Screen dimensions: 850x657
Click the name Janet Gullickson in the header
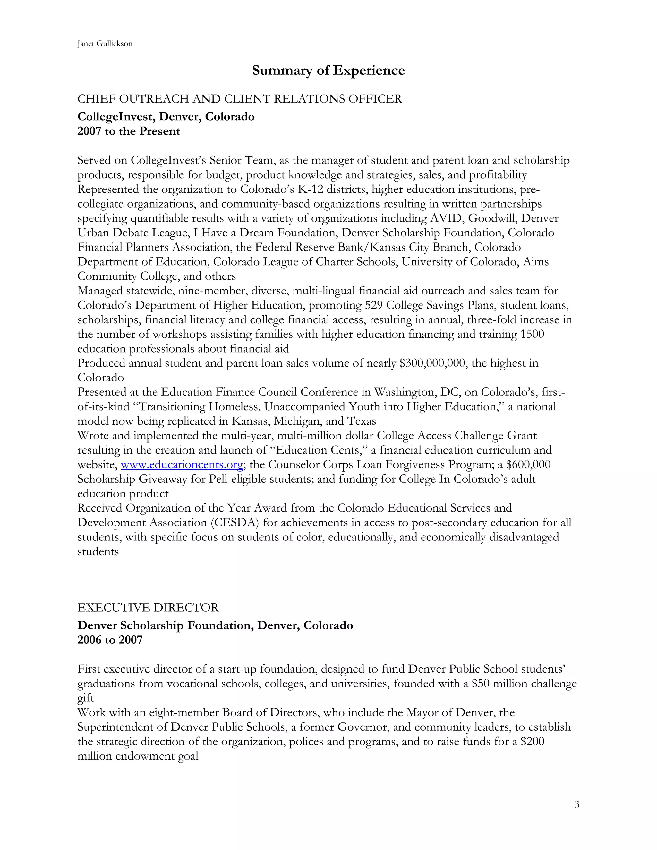[105, 44]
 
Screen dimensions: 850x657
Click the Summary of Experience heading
[328, 71]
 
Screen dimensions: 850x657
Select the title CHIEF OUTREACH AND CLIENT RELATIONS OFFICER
[239, 99]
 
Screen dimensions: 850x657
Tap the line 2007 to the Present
[128, 131]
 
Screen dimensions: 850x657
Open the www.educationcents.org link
[182, 465]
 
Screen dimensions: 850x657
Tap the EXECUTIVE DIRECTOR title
[148, 608]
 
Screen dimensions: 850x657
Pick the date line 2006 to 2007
[110, 640]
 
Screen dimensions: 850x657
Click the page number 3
[576, 804]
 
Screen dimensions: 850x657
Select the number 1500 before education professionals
[532, 334]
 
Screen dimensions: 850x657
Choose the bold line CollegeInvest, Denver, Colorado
[166, 117]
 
